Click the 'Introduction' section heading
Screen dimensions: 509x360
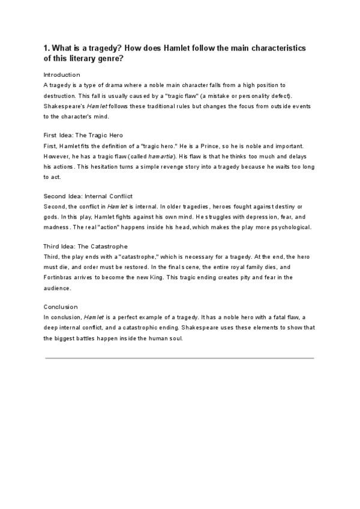click(x=62, y=75)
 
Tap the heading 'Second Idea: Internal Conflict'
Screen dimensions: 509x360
click(x=88, y=196)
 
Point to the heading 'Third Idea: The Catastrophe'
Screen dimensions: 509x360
click(x=85, y=247)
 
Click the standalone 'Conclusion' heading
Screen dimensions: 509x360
click(x=61, y=307)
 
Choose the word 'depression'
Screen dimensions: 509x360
click(x=241, y=217)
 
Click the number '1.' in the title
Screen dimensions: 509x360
click(x=47, y=47)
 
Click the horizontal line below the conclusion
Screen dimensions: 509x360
click(x=180, y=358)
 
